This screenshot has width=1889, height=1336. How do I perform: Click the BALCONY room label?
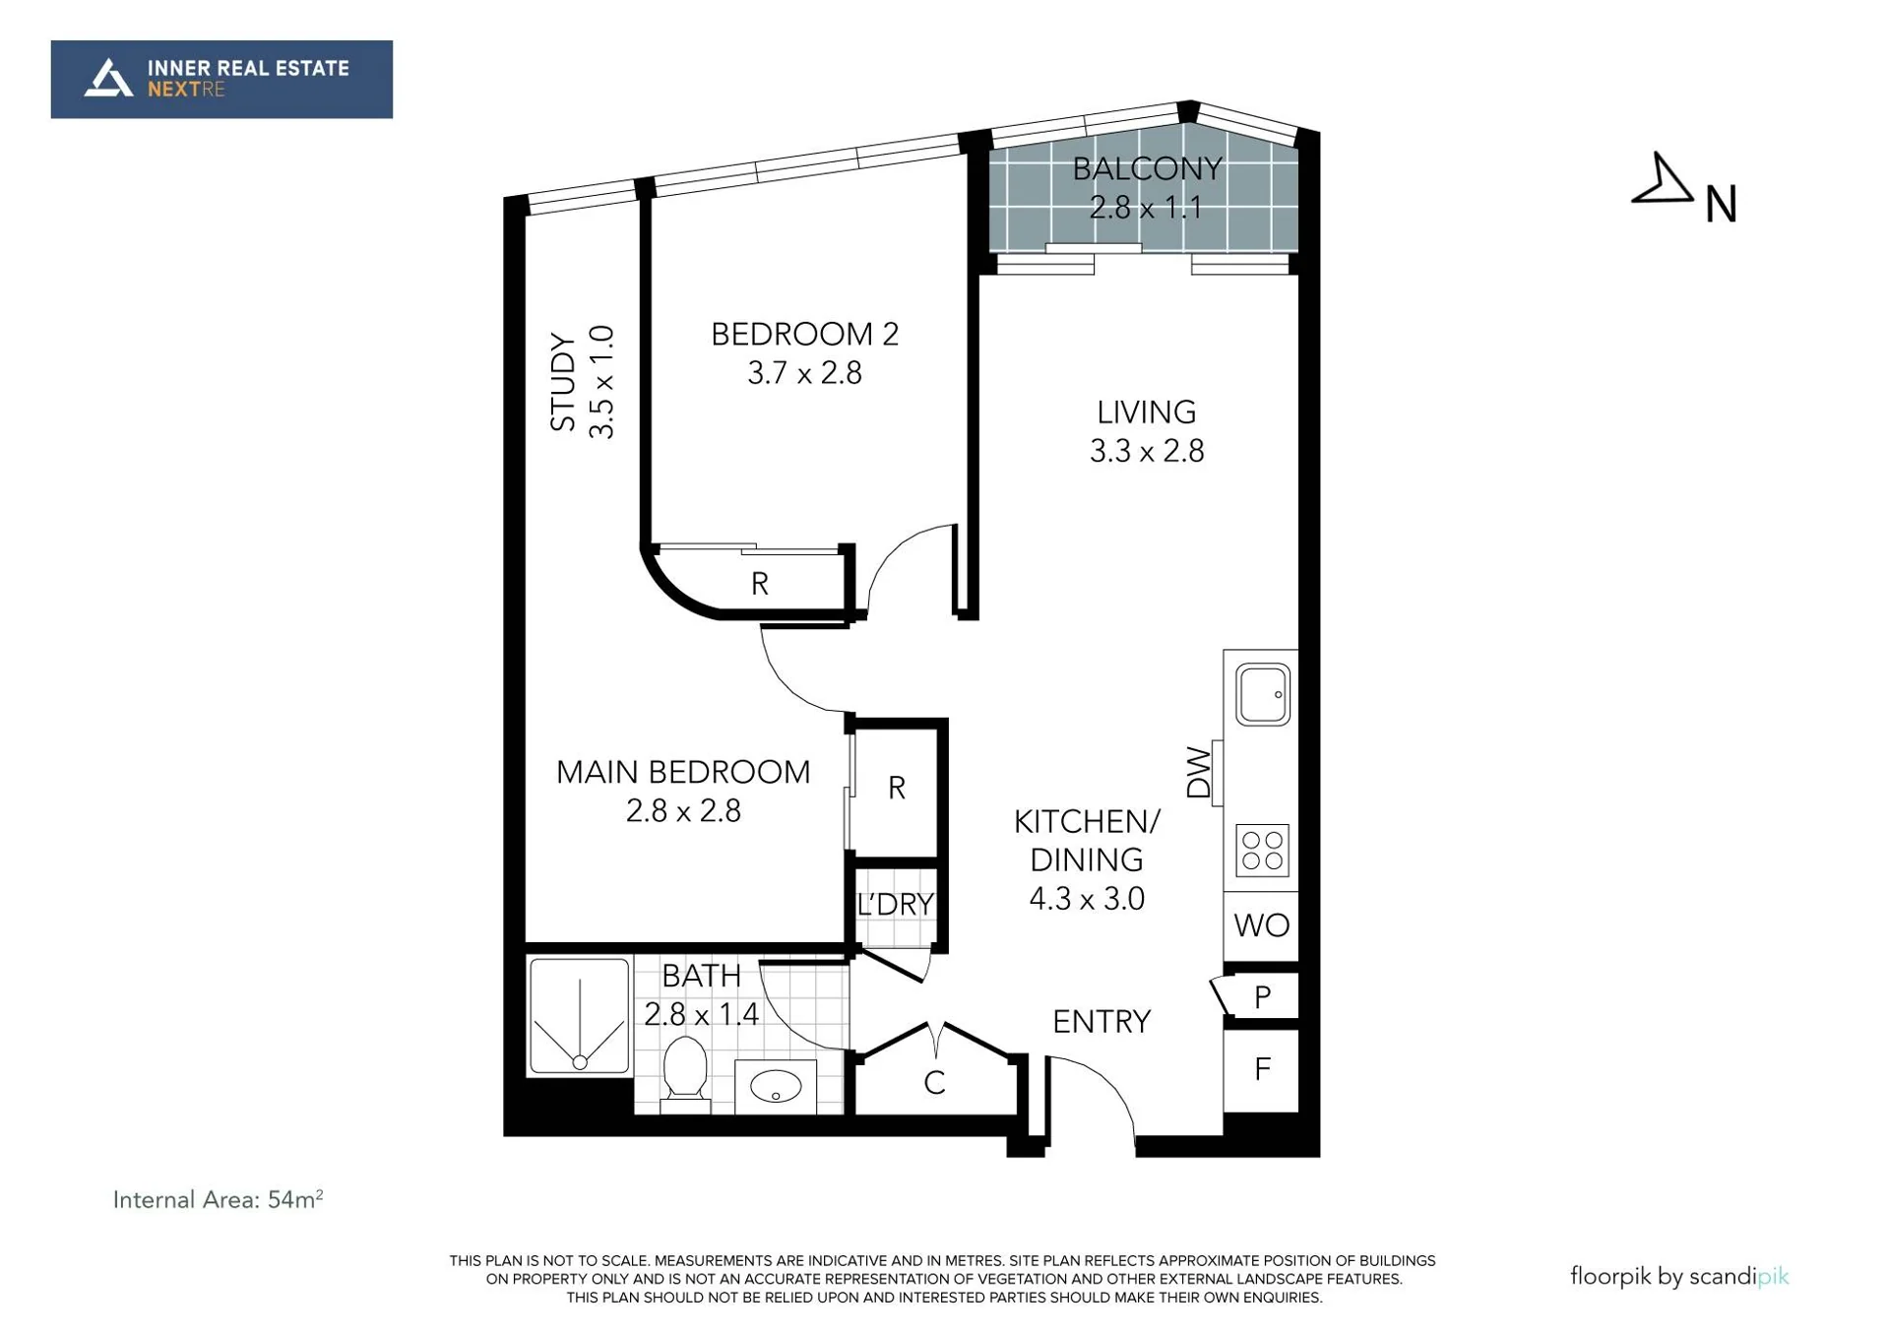[1147, 169]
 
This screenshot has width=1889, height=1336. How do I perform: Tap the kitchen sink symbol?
[1262, 695]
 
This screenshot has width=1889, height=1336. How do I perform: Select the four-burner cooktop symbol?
[1262, 851]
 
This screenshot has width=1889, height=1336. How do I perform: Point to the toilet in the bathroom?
[685, 1072]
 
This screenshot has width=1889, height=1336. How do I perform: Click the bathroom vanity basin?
[776, 1087]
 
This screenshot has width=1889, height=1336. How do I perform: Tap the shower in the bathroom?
[580, 1016]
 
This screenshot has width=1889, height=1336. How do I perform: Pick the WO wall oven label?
[1261, 925]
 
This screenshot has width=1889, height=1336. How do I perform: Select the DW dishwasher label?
[1198, 772]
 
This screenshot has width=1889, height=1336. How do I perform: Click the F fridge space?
[1262, 1069]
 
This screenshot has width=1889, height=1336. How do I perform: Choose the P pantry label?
[1263, 998]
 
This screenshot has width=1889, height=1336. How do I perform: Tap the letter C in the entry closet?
[934, 1083]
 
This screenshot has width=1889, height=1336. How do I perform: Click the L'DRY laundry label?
[895, 905]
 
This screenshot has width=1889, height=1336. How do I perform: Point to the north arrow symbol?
[1663, 181]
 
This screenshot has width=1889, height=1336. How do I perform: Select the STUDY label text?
[562, 382]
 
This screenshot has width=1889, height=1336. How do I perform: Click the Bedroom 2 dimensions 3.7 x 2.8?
[804, 374]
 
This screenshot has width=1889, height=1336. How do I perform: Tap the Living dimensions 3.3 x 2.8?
[1147, 452]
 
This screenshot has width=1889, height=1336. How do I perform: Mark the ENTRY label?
[1102, 1022]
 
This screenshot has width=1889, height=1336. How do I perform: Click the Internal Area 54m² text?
[218, 1199]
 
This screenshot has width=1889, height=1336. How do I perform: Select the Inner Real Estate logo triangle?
[108, 78]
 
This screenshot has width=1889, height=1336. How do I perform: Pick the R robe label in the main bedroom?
[896, 788]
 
